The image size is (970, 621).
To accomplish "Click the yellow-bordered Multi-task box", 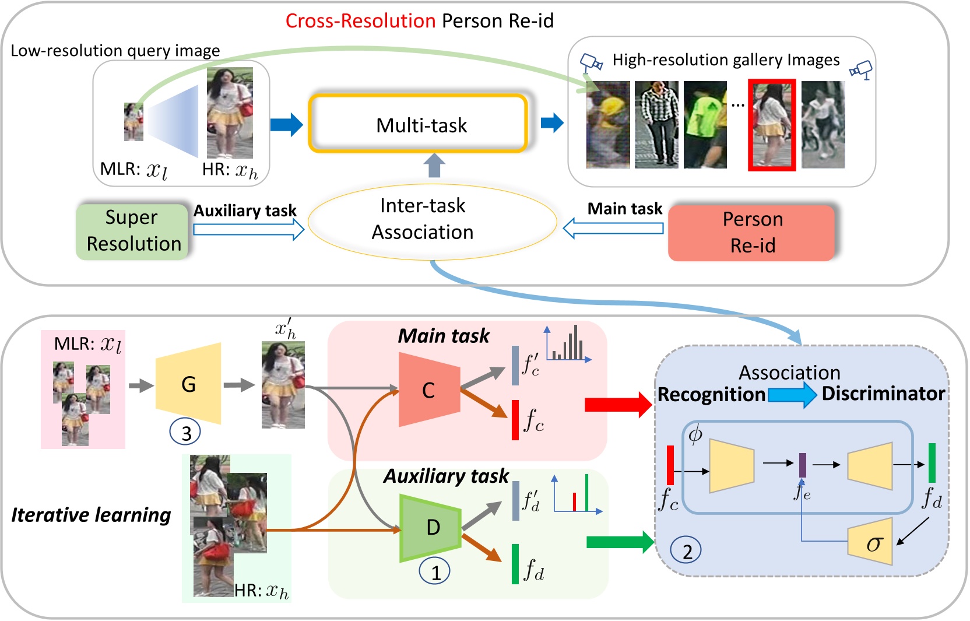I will (418, 124).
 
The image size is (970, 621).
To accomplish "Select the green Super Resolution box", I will (133, 231).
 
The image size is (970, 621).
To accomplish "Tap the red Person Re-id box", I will (751, 232).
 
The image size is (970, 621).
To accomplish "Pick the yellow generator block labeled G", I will (188, 384).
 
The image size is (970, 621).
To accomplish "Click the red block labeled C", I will (429, 390).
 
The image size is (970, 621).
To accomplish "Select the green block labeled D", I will (431, 528).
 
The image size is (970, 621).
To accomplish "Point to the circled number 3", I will (185, 433).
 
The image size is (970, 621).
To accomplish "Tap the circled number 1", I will (434, 572).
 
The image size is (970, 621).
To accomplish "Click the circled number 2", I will (686, 550).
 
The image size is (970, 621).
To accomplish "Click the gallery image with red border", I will (772, 125).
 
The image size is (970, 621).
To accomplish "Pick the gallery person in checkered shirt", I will (656, 125).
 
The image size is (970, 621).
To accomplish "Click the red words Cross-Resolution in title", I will (360, 21).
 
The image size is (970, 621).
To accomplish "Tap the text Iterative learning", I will (91, 515).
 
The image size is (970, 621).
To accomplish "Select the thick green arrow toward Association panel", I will (619, 542).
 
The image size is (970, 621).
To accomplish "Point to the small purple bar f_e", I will (802, 465).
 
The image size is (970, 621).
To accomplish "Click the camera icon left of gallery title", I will (591, 62).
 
